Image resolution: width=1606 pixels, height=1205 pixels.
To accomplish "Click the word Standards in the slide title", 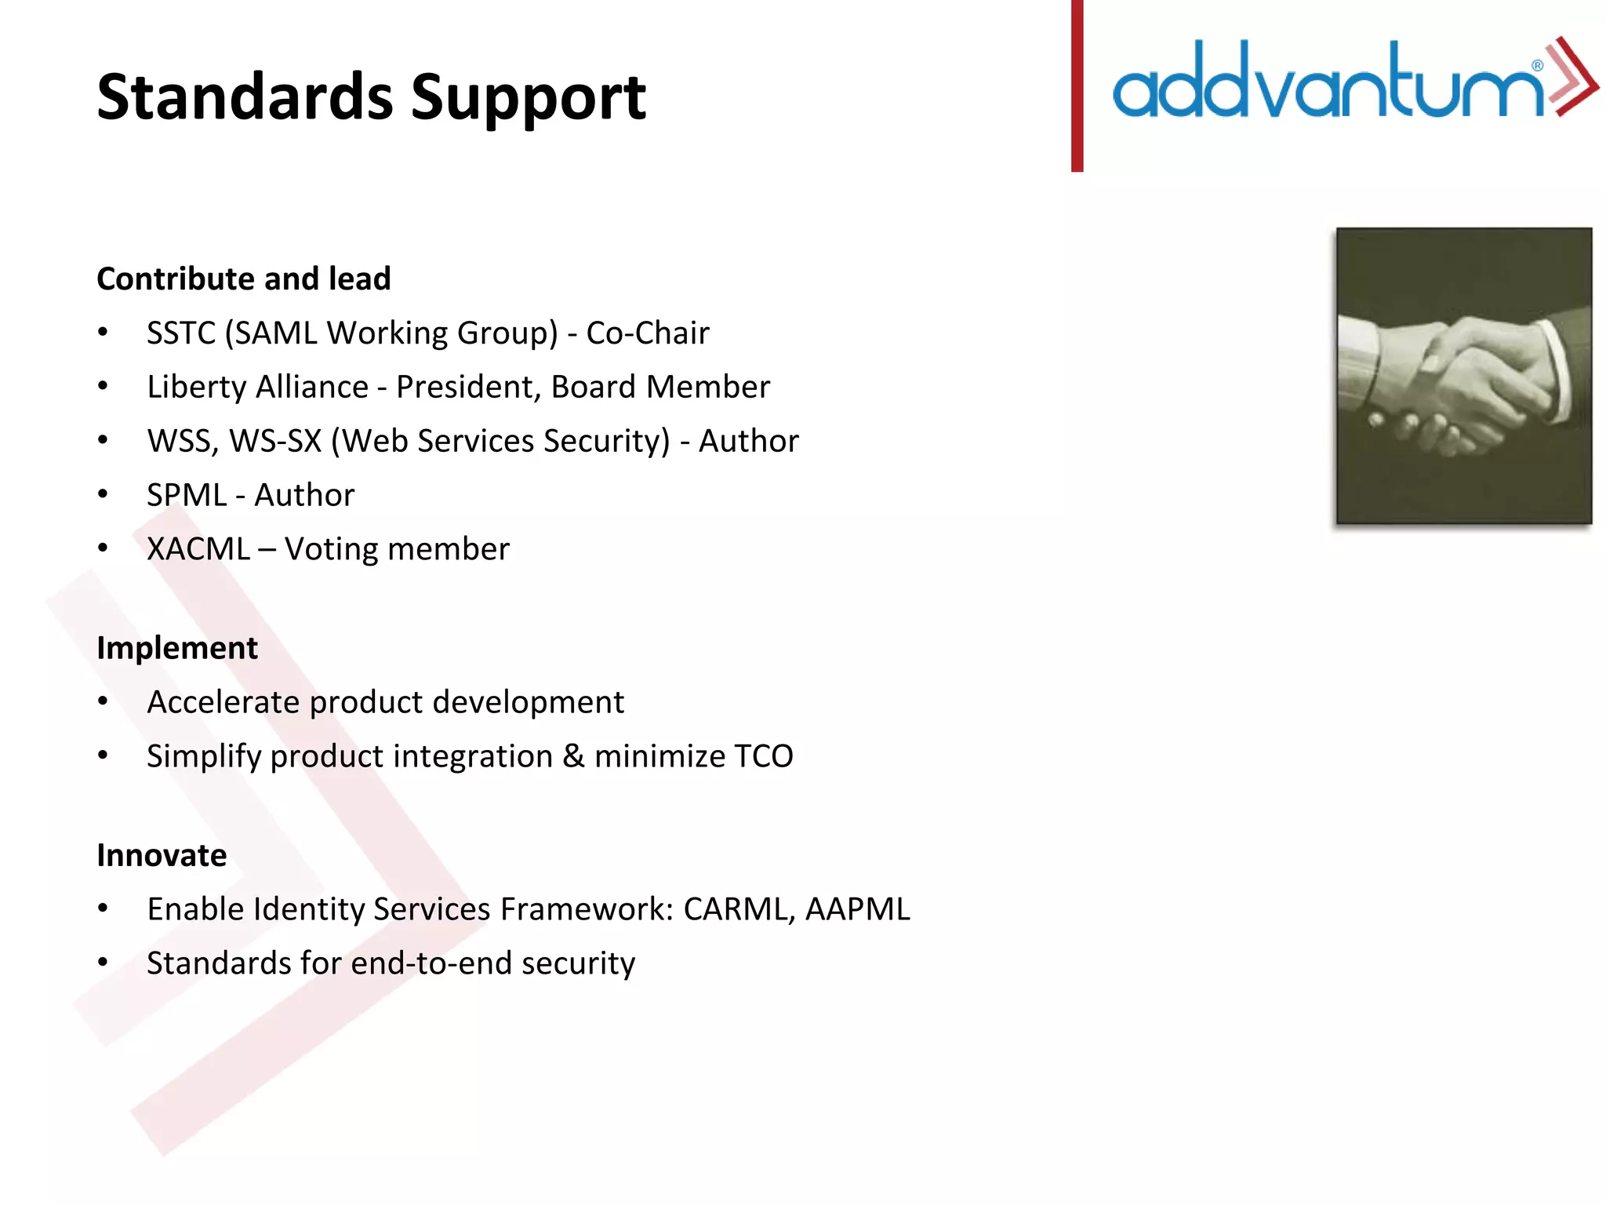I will [x=245, y=97].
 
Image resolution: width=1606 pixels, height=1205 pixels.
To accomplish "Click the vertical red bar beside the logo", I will [x=1077, y=86].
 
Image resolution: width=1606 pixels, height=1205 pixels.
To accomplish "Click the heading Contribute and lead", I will [x=243, y=279].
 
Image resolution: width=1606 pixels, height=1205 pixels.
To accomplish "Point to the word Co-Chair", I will [x=647, y=333].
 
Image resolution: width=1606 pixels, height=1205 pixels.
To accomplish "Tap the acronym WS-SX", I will [x=276, y=442].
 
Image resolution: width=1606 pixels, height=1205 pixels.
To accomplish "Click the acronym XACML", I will [x=198, y=549].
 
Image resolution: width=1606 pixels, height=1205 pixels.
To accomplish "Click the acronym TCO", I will [x=763, y=756].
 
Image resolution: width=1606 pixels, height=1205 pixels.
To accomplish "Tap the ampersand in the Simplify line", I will [x=573, y=756].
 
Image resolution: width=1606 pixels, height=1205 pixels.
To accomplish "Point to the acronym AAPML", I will [x=857, y=909].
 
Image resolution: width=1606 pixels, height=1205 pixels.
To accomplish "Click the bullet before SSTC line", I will [x=103, y=333].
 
